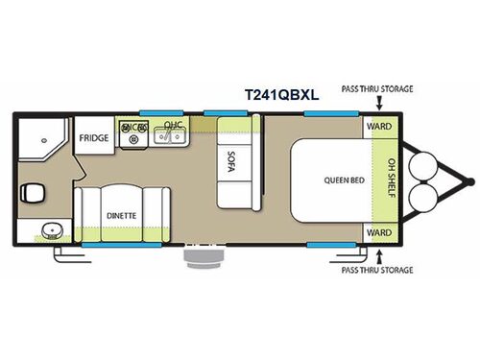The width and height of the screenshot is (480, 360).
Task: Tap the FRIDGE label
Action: [94, 137]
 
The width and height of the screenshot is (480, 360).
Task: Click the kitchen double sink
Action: [172, 138]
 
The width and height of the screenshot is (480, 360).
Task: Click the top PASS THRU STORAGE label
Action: [377, 88]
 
